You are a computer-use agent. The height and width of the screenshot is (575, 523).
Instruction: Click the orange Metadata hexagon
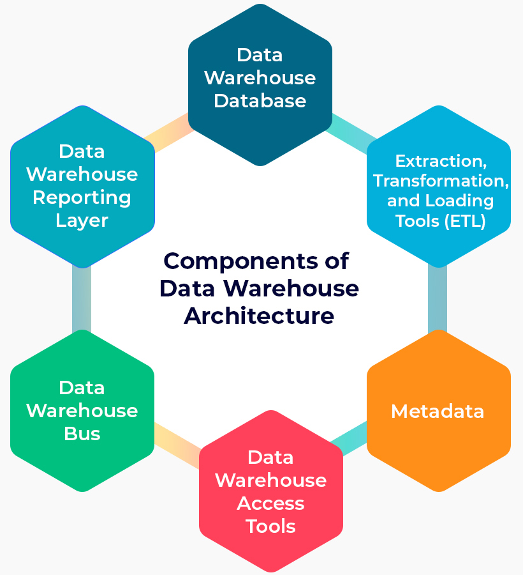tap(438, 411)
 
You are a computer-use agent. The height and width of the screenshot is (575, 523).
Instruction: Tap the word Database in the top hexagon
tap(260, 101)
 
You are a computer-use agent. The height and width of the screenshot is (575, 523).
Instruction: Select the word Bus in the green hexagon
tap(82, 434)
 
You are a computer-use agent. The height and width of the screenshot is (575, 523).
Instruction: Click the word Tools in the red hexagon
tap(270, 526)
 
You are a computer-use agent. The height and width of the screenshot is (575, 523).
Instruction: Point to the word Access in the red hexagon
tap(270, 503)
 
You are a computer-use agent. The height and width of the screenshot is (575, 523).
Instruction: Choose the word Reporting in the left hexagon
tap(82, 197)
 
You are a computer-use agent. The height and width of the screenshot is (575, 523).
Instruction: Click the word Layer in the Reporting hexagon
tap(82, 220)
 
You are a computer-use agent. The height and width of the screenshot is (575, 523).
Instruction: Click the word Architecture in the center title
tap(259, 316)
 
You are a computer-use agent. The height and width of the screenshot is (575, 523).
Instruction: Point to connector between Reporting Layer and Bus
tap(82, 299)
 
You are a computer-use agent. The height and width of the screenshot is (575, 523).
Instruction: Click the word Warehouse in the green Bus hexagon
tap(82, 411)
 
